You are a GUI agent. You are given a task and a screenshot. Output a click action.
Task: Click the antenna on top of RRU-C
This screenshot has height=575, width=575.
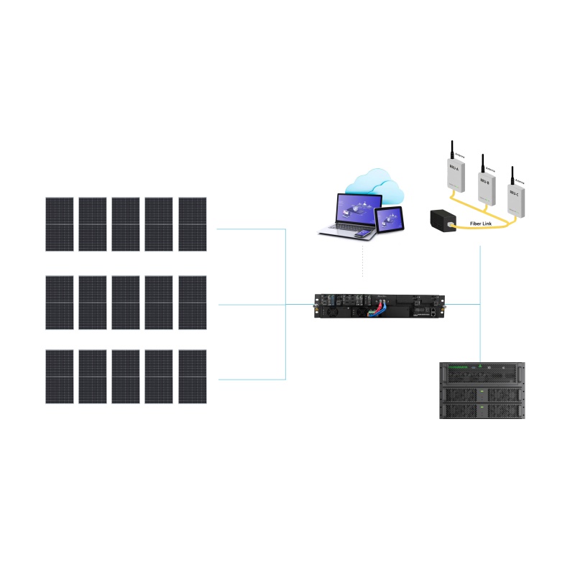512,175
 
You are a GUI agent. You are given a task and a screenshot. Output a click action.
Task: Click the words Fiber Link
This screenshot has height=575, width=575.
481,222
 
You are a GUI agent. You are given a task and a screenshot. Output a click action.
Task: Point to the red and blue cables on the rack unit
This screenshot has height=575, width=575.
375,311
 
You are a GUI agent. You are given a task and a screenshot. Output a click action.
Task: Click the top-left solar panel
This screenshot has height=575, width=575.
60,224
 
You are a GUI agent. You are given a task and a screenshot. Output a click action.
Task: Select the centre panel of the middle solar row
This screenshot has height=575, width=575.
126,302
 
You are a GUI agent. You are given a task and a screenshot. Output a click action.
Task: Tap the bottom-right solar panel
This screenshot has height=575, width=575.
193,377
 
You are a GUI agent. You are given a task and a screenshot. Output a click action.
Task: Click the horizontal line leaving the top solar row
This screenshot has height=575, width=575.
252,229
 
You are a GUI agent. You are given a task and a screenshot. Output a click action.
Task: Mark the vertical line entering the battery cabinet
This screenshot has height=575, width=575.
479,338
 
